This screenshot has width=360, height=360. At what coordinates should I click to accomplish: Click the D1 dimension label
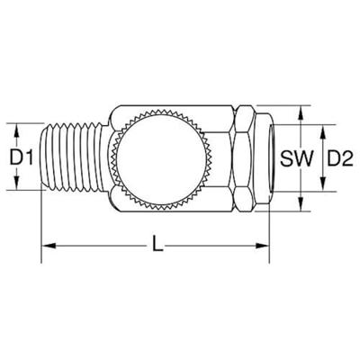click(21, 157)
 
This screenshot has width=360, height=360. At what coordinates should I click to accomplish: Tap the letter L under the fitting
click(157, 244)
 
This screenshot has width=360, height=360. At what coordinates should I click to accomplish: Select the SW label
click(296, 158)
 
